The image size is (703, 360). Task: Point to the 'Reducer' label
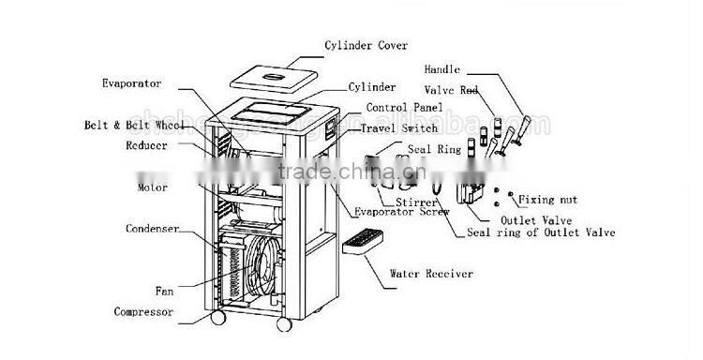[x=145, y=146]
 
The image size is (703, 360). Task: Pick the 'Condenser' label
[x=153, y=228]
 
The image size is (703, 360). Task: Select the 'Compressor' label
[x=144, y=311]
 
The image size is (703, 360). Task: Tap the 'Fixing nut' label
[x=561, y=201]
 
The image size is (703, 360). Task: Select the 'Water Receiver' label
[x=432, y=274]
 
